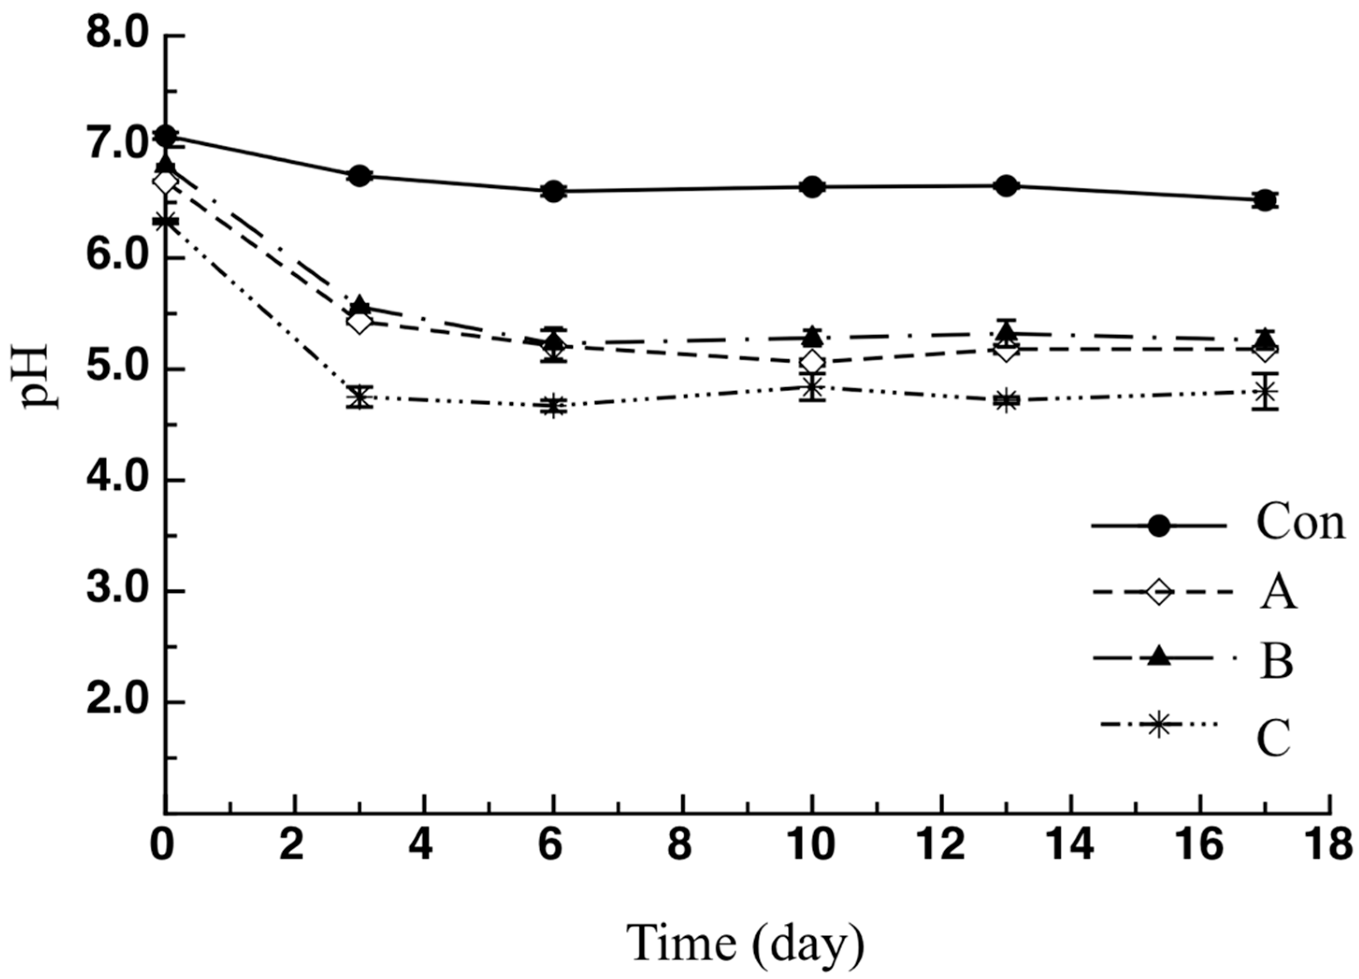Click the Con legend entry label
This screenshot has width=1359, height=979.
click(x=1300, y=523)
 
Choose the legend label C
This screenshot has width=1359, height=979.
click(x=1273, y=739)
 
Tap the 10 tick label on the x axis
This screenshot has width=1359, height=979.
click(x=812, y=846)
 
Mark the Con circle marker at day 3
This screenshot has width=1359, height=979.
click(x=360, y=176)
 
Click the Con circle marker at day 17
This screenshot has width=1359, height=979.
click(x=1266, y=200)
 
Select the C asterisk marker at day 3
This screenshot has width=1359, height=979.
click(x=360, y=397)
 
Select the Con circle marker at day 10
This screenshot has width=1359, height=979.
click(x=812, y=187)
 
